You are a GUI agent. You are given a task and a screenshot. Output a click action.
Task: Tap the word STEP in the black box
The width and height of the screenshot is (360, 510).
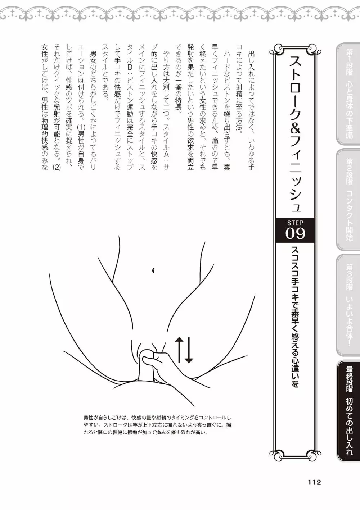pos(295,223)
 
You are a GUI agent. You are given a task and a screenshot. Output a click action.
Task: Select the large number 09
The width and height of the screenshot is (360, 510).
pos(295,233)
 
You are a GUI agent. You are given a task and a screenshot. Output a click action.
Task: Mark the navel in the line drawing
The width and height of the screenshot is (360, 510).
pos(153,270)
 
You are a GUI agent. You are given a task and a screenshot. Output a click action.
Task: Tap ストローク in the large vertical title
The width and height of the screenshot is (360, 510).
pos(295,88)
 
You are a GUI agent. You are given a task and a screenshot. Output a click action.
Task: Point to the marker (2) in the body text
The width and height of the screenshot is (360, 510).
pos(56,167)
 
